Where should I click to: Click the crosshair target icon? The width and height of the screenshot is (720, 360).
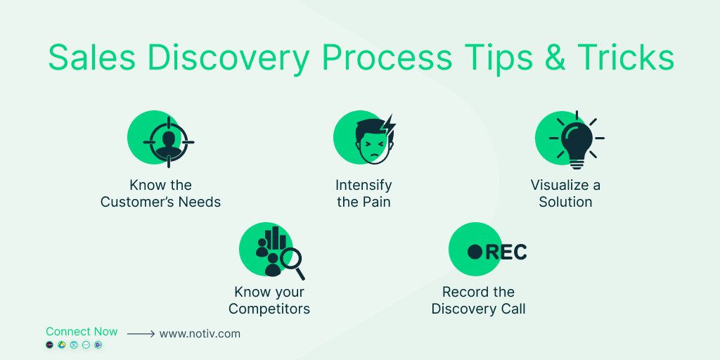168,141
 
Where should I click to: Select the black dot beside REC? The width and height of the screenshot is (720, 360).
475,252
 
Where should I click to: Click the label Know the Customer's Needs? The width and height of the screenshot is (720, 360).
160,193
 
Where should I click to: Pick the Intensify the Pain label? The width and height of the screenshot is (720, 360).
364,193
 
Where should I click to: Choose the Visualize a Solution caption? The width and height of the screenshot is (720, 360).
565,193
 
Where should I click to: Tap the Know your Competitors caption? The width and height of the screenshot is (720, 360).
269,300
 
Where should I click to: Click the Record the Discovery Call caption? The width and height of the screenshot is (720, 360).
478,300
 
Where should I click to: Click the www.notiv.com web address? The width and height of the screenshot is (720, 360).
200,334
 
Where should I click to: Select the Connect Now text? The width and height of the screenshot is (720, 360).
82,331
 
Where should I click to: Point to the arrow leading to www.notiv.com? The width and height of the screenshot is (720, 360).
141,335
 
